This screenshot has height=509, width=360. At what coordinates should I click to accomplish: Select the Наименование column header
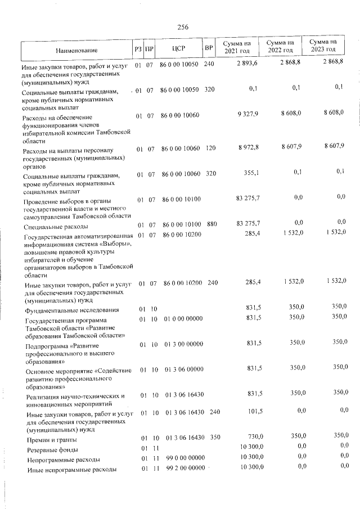click(76, 50)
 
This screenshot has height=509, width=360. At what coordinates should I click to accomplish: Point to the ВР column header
click(209, 48)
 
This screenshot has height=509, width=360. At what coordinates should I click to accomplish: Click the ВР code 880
click(211, 224)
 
